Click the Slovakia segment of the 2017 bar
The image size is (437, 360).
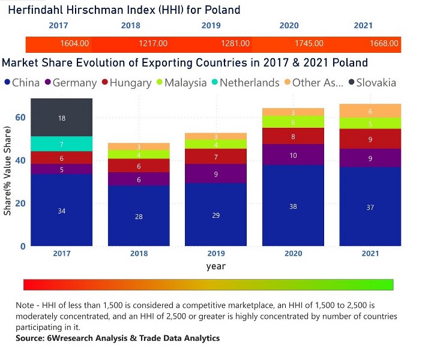pos(62,118)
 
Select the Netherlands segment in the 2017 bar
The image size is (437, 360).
pos(62,144)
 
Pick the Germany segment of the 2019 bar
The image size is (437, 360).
pos(215,173)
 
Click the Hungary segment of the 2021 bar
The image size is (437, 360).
pos(370,139)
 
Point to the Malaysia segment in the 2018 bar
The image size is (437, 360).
pos(139,155)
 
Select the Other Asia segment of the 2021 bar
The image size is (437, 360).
pos(370,111)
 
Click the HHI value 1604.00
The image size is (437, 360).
pos(74,44)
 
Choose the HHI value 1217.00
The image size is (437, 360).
pos(152,44)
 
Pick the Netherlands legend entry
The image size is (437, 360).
pos(244,83)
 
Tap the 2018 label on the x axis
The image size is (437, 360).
pos(139,254)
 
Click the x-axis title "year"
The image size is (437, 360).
pos(215,266)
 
